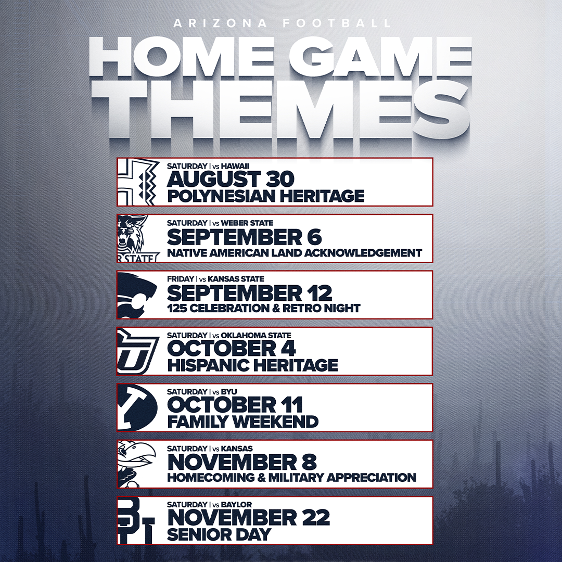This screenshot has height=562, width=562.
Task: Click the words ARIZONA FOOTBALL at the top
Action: (x=282, y=23)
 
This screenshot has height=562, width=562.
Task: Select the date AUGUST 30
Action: (x=231, y=179)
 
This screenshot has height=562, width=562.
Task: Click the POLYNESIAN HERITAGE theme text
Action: (x=265, y=196)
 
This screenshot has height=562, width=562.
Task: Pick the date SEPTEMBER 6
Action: (x=244, y=237)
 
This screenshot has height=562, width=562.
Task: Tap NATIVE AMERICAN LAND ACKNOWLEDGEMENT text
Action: (x=294, y=253)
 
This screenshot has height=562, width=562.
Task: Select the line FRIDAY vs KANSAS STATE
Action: (x=215, y=279)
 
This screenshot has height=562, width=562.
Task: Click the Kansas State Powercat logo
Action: (x=136, y=295)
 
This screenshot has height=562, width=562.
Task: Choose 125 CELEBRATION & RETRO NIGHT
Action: (x=263, y=308)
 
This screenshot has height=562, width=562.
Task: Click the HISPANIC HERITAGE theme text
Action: (x=252, y=365)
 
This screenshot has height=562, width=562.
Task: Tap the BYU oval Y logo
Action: (x=137, y=407)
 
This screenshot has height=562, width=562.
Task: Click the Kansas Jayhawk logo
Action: (x=137, y=464)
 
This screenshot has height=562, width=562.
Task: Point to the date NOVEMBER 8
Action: (x=242, y=462)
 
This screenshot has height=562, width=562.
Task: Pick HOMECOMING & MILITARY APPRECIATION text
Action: (x=291, y=478)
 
